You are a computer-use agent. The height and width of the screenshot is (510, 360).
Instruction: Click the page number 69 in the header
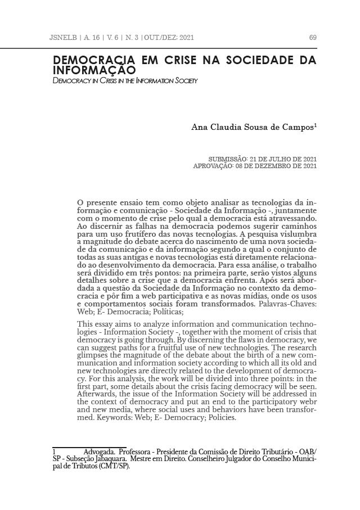coord(313,38)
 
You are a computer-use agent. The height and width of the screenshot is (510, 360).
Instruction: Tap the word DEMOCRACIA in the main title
coord(93,60)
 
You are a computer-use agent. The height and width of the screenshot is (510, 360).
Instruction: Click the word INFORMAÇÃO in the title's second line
coord(94,71)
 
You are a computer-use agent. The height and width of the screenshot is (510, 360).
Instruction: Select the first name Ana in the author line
coord(201,128)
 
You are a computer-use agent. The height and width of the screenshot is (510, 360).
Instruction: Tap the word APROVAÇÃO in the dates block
coord(214,166)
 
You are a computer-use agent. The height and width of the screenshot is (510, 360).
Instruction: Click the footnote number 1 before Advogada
coord(53,452)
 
